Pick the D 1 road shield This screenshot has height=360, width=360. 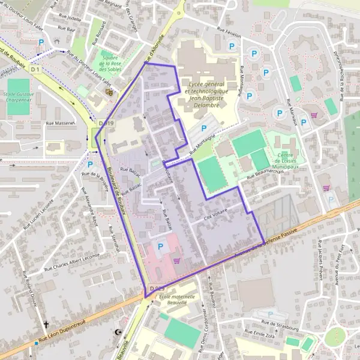35,70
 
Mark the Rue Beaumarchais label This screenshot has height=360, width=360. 265,173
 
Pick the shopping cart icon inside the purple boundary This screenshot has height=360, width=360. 176,260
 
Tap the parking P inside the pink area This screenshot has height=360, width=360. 160,247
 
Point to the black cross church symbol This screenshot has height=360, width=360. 46,325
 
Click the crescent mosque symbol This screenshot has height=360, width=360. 118,332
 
